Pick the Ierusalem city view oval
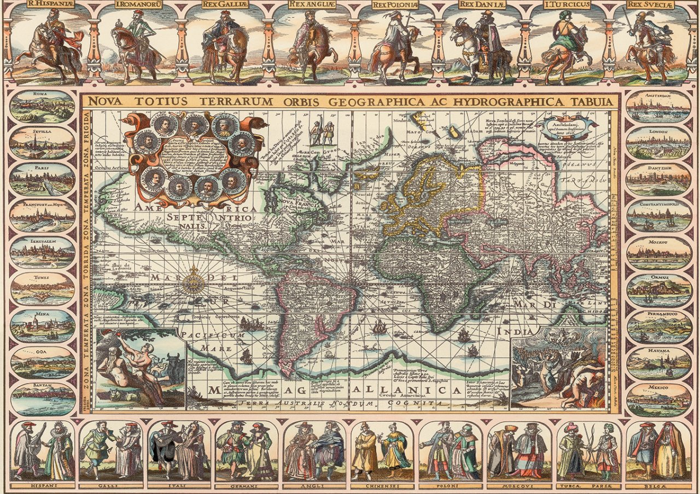pos(42,252)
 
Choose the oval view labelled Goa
pos(43,363)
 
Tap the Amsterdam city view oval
pos(658,106)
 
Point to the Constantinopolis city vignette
pos(658,216)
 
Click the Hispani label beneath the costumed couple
pos(42,485)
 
